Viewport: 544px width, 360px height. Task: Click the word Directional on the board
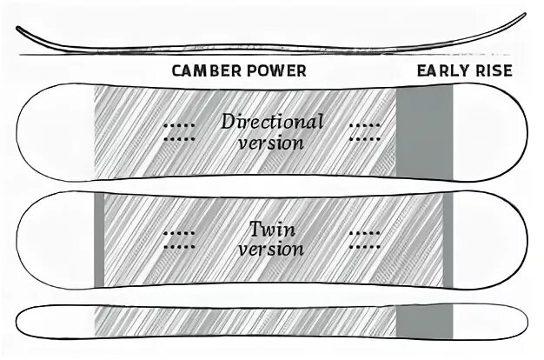point(271,121)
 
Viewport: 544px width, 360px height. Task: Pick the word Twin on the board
point(271,230)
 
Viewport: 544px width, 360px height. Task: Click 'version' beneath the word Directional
point(270,142)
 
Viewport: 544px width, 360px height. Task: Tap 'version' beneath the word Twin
point(270,250)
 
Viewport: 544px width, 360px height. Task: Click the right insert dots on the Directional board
point(364,131)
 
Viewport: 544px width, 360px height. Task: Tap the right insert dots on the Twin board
point(364,239)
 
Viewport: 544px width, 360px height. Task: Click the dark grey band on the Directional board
point(424,130)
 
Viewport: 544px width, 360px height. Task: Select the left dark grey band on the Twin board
point(98,239)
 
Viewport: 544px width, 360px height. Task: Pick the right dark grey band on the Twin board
point(447,239)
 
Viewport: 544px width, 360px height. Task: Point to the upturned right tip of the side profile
point(520,19)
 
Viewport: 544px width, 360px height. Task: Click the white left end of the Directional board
point(52,130)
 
